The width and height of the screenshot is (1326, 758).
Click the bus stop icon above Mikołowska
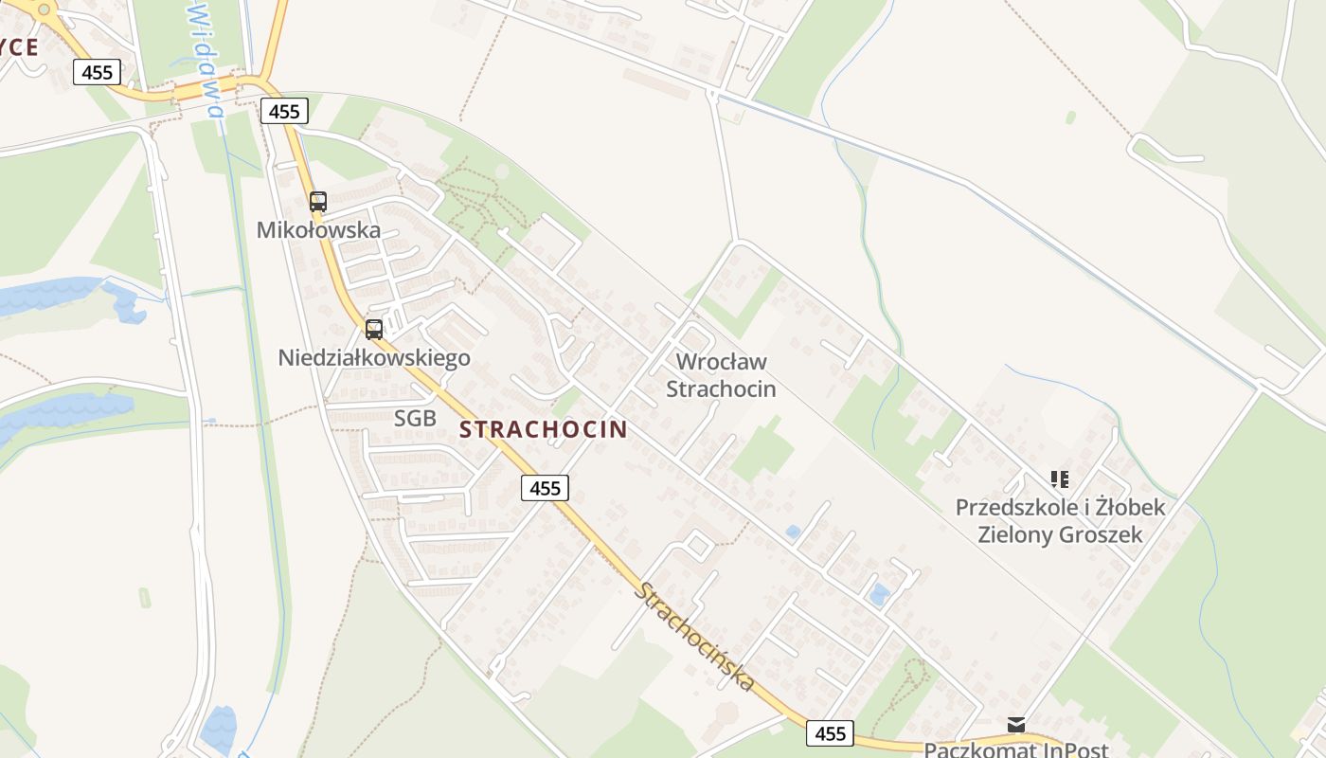point(318,201)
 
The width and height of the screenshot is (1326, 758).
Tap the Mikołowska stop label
point(318,230)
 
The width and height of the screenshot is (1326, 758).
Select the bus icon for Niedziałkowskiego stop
point(374,329)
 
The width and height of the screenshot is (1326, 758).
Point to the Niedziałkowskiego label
point(374,358)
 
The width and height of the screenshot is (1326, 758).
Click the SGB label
point(415,418)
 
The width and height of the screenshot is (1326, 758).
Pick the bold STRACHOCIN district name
point(543,429)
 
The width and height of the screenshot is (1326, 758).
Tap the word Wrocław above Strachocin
point(722,362)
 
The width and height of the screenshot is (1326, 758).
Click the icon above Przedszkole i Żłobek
point(1060,479)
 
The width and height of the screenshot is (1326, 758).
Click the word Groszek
point(1101,534)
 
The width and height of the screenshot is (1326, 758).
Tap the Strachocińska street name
point(696,637)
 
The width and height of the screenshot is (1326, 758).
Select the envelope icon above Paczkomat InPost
point(1016,725)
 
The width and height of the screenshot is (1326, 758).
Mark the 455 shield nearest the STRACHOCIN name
point(545,488)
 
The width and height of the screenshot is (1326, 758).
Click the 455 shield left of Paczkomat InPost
point(830,733)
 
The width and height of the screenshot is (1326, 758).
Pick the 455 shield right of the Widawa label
point(283,112)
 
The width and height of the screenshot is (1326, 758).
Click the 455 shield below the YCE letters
point(98,72)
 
